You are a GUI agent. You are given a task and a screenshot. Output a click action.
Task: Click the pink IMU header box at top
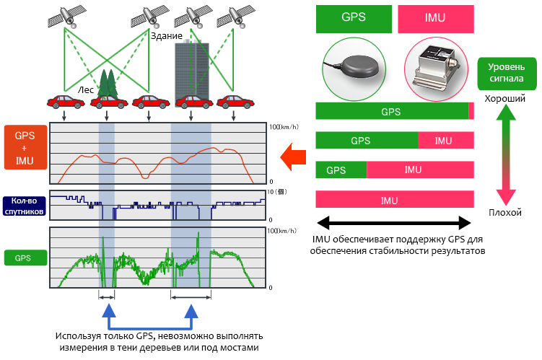[x=436, y=19]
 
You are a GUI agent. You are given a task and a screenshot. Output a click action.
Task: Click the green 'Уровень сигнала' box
[x=506, y=72]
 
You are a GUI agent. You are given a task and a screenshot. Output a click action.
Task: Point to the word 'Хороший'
[x=505, y=97]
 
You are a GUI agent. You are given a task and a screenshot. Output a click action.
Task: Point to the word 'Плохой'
[x=505, y=214]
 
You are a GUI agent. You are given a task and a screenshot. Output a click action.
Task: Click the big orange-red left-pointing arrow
[x=294, y=156]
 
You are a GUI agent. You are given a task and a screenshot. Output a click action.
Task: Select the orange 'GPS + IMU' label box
[x=25, y=147]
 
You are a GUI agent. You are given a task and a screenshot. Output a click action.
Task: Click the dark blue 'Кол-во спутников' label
[x=25, y=206]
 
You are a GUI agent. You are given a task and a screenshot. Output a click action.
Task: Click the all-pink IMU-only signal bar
[x=395, y=200]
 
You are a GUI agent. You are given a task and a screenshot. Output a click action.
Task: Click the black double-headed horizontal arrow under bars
[x=395, y=221]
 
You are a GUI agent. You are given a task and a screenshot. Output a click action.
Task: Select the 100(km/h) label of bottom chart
[x=281, y=231]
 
